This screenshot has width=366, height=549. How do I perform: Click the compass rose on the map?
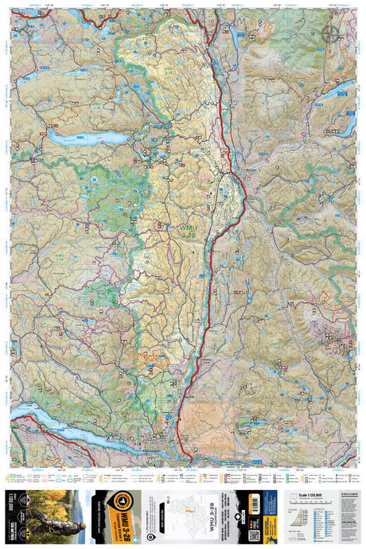point(330,33)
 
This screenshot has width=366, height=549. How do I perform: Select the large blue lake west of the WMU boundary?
point(88,138)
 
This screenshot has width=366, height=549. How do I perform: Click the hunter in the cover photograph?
point(40,517)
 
